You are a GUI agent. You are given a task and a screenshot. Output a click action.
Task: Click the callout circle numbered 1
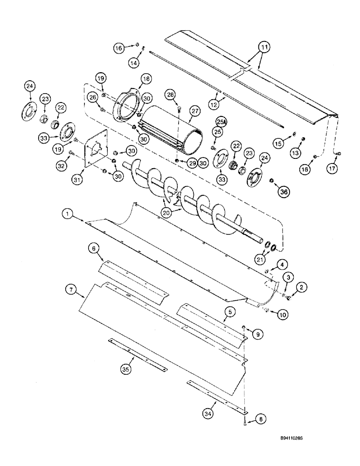pyautogui.click(x=68, y=213)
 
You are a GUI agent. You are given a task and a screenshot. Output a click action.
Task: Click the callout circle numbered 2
pyautogui.click(x=304, y=289)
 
